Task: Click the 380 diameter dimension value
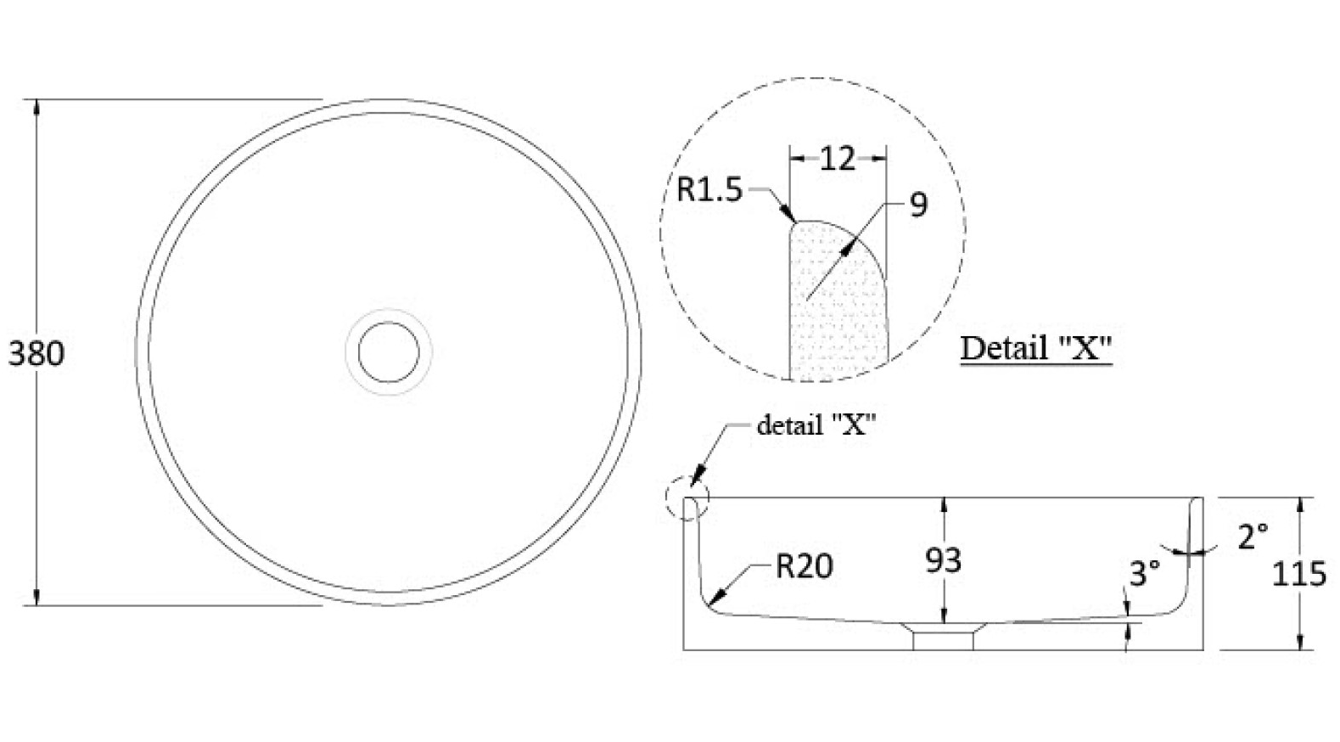click(36, 353)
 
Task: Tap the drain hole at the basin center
click(389, 351)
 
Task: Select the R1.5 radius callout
click(709, 189)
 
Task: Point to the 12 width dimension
click(837, 159)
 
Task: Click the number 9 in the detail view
click(918, 205)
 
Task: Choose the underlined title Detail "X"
click(1035, 348)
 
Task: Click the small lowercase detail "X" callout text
click(816, 424)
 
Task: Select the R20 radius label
click(804, 566)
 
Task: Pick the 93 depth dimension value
click(943, 560)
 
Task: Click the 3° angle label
click(1145, 575)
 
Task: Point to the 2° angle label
click(1253, 537)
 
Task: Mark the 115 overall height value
click(1298, 575)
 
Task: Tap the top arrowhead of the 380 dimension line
click(36, 107)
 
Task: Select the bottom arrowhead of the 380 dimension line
click(36, 598)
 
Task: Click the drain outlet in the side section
click(942, 638)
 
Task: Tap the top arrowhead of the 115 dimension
click(1299, 504)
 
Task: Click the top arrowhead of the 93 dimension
click(944, 504)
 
